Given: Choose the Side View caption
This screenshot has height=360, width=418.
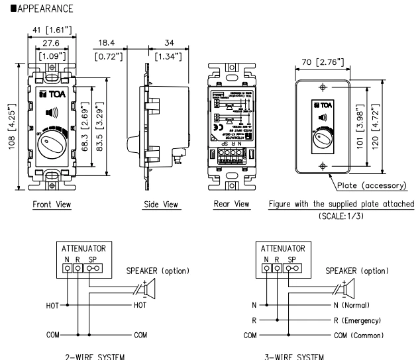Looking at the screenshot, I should tap(160, 205).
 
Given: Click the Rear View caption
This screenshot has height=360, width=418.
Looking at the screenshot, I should tap(227, 205).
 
